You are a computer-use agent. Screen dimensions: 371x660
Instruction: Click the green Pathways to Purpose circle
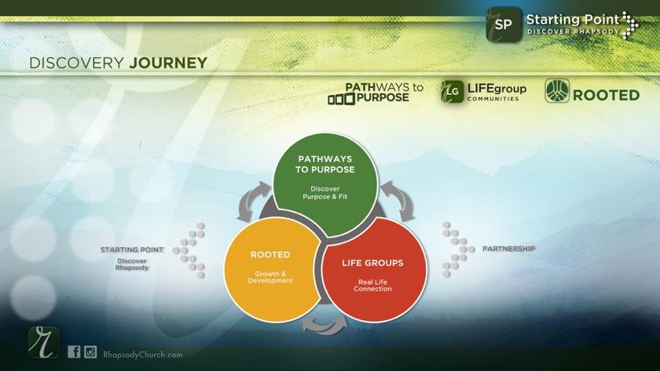(324, 181)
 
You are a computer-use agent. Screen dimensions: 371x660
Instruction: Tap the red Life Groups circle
(375, 271)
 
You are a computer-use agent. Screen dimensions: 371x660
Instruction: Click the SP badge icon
(504, 24)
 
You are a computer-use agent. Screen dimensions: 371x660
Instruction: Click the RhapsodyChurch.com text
(143, 355)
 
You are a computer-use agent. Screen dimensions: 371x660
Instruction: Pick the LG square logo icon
(451, 92)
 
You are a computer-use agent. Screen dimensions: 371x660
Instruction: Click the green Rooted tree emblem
(558, 92)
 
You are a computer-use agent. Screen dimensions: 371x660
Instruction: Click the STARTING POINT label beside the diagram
(132, 249)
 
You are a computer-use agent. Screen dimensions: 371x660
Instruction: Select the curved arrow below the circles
(321, 322)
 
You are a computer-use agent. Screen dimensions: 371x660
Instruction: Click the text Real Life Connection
(375, 285)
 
